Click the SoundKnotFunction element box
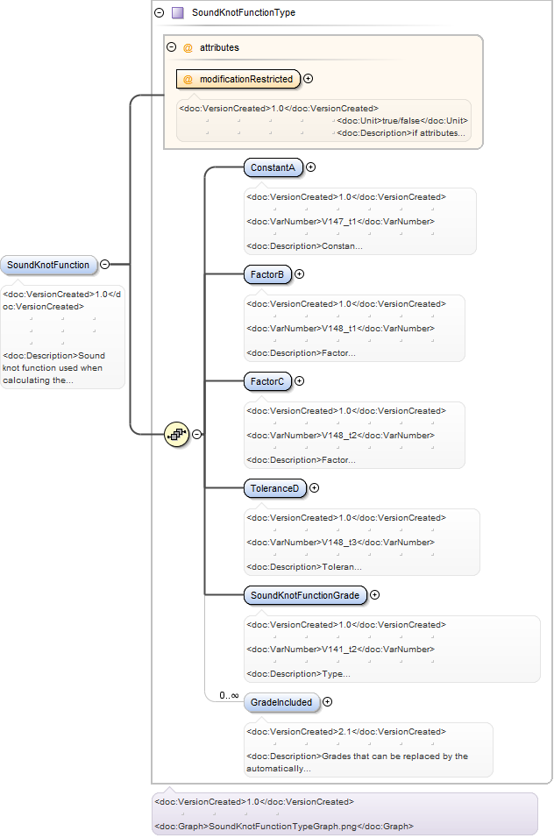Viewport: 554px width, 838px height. (48, 265)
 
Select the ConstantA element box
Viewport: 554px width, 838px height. (273, 167)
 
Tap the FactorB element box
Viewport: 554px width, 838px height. (267, 274)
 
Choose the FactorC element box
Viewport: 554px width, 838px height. (267, 381)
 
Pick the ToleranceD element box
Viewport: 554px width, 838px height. (274, 488)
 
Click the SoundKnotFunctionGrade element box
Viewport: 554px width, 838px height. (305, 595)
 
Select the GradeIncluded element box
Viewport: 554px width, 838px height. (281, 702)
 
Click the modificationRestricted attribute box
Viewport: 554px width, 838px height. (238, 79)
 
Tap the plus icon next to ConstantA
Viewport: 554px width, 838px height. (310, 167)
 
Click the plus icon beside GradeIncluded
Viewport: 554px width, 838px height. (328, 702)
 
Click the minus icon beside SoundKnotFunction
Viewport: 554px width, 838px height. (105, 265)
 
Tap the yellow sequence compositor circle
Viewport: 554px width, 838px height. (177, 435)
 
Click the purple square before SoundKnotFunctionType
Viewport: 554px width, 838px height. (178, 12)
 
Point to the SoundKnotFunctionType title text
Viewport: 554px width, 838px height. (244, 12)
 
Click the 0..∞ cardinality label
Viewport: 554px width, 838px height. (229, 695)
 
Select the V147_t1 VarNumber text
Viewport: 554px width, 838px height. (339, 221)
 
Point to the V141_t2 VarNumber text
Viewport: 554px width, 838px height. (339, 649)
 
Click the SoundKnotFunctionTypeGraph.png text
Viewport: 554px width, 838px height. (282, 827)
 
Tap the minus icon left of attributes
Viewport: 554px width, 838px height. (172, 47)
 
